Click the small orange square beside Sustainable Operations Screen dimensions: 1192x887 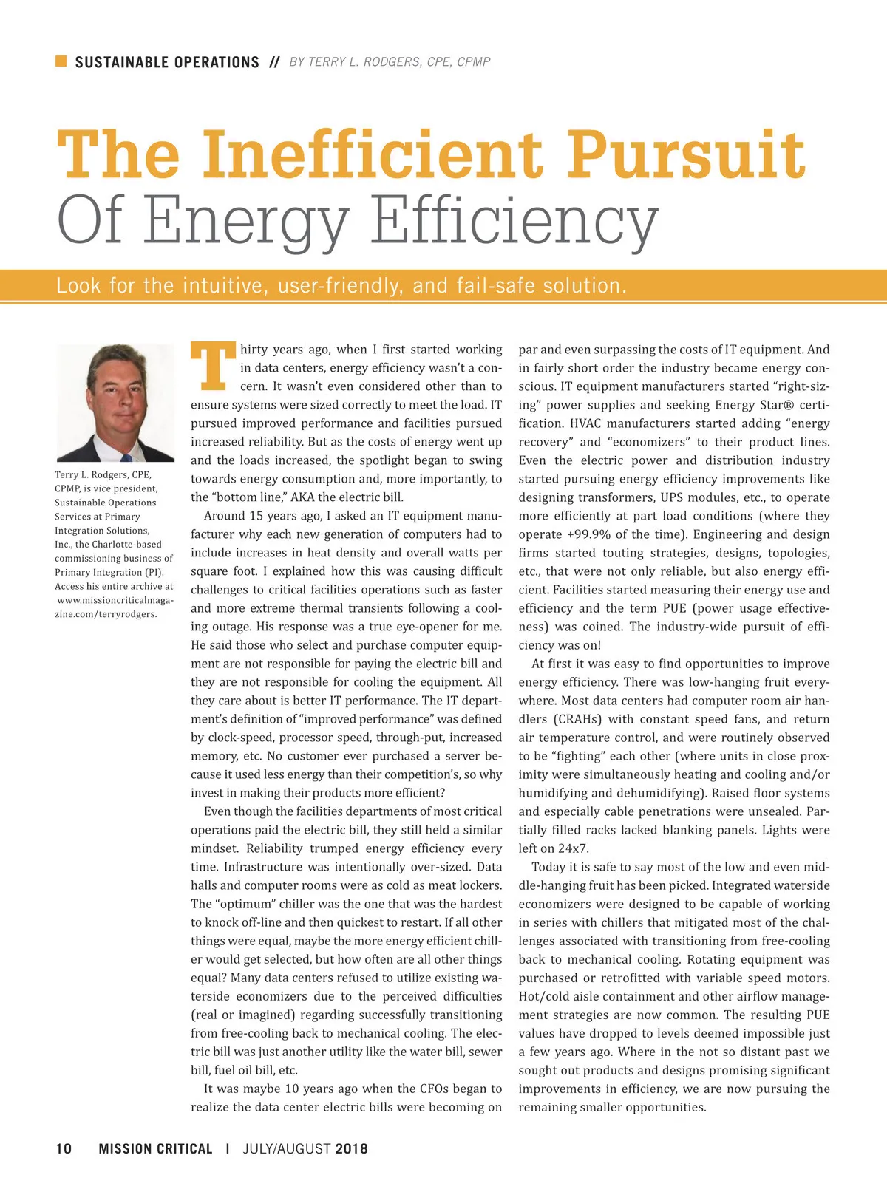pos(61,61)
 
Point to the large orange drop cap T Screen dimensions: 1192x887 pos(213,365)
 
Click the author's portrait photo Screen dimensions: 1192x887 pos(115,403)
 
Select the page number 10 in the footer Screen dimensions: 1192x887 pos(64,1148)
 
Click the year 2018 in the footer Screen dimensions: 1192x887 pos(351,1148)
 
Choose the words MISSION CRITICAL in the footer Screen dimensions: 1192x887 pos(155,1148)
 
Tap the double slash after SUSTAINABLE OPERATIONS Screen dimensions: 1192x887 pos(274,62)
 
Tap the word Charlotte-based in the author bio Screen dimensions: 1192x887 pos(126,544)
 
